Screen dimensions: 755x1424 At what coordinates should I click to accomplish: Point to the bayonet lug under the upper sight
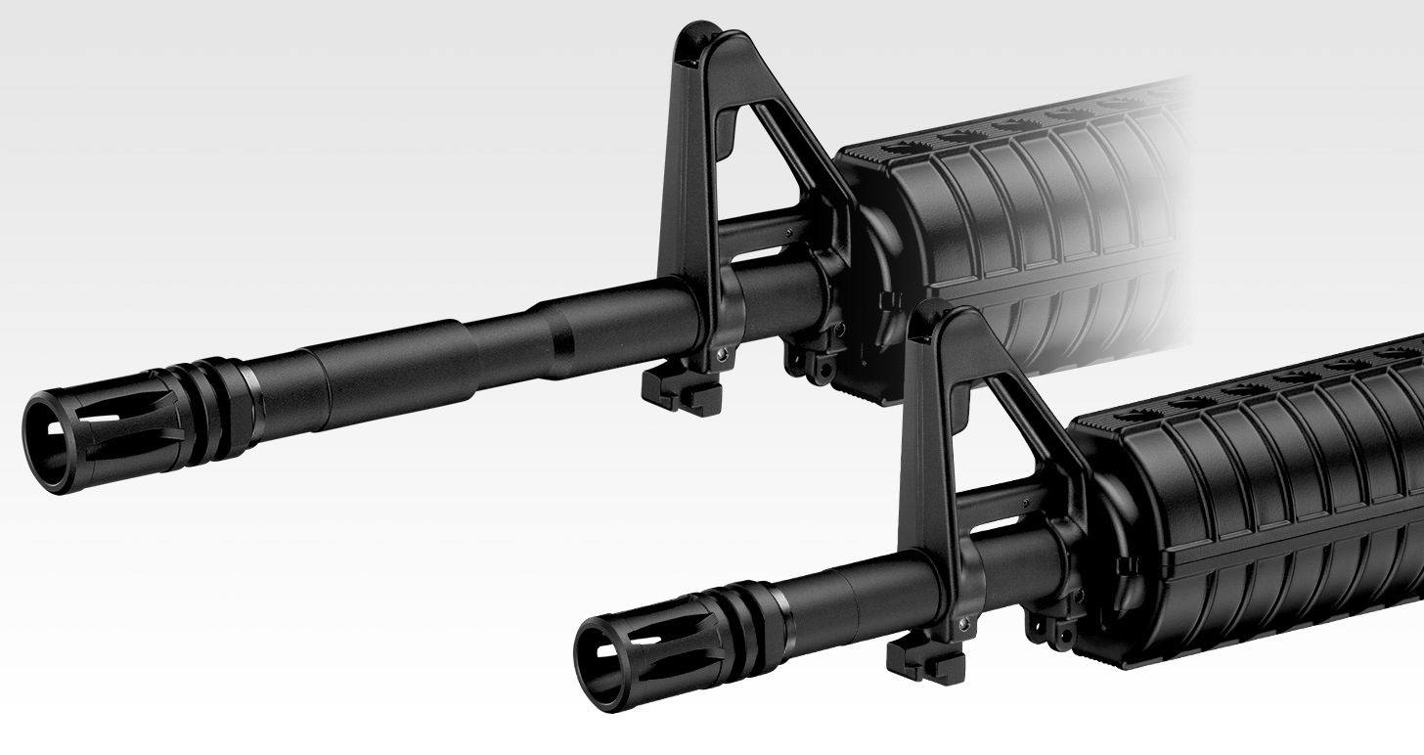(x=682, y=391)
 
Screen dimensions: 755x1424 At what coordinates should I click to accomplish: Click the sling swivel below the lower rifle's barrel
(x=1050, y=627)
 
